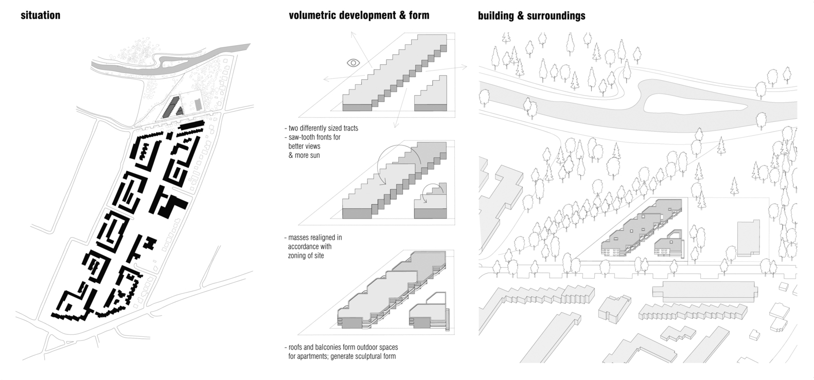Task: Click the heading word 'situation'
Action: (40, 15)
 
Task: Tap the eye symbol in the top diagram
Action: (353, 63)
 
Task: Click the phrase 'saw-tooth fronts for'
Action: (314, 137)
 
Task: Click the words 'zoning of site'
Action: (306, 256)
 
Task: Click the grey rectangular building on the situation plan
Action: (199, 105)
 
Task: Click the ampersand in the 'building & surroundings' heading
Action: (521, 16)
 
